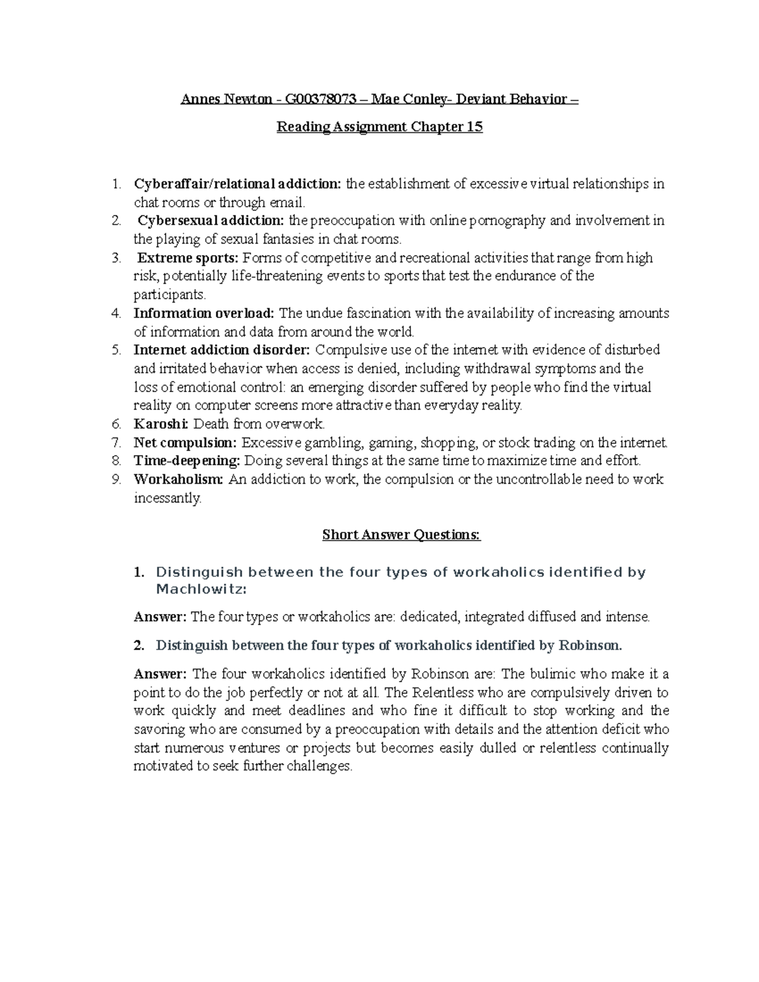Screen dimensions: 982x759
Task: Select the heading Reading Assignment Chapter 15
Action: [379, 127]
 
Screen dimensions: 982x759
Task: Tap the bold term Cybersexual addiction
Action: [211, 221]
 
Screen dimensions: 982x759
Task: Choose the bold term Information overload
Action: [204, 314]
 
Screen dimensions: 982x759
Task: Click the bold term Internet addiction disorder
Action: [222, 350]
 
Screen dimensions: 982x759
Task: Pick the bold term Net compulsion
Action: [185, 443]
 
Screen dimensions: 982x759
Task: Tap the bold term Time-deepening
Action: [187, 461]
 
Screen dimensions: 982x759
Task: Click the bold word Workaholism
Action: [178, 479]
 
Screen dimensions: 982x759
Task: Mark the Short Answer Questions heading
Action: [402, 535]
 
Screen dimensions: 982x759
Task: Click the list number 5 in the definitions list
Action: [115, 350]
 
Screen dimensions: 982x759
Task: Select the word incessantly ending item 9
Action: [167, 498]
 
